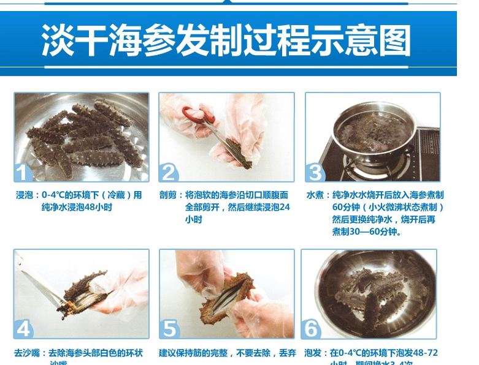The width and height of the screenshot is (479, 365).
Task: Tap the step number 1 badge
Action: tap(23, 172)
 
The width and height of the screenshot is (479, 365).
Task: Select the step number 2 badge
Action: tap(169, 172)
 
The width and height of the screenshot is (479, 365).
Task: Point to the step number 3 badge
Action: tap(315, 172)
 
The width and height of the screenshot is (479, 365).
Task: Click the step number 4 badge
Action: tap(23, 329)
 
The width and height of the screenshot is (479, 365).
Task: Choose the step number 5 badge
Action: tap(169, 329)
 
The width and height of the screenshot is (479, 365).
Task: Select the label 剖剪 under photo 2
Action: tap(171, 195)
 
